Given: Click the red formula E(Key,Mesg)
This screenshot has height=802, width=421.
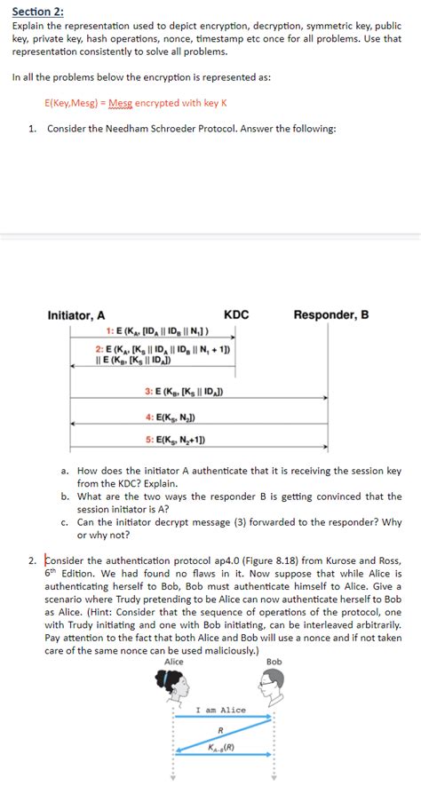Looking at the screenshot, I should coord(76,103).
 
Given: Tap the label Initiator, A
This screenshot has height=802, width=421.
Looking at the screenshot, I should coord(76,315).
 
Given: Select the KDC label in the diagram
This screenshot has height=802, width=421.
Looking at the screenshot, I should coord(236,315).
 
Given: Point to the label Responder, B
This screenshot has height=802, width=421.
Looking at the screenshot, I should coord(330,315).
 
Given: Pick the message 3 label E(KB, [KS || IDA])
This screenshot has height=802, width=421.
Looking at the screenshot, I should coord(183,391).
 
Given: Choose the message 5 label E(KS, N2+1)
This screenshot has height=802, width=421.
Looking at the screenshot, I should coord(175,440).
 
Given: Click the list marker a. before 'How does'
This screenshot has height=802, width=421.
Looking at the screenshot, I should coord(65,471).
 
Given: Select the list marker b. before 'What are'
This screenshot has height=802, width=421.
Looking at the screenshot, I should coord(65,496).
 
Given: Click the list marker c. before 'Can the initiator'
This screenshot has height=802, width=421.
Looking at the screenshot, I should coord(65,522).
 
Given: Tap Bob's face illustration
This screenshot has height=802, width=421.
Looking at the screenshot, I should coord(272,685).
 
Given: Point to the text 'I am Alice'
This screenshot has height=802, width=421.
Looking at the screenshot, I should coord(220,710).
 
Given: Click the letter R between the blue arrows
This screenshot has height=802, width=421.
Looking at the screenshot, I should coord(220,730).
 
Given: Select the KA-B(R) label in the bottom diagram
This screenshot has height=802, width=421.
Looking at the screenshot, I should coord(220,747).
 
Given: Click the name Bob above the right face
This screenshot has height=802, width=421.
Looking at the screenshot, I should coord(274,662).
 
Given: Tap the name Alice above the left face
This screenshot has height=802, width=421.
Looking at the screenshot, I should coord(175,662).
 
